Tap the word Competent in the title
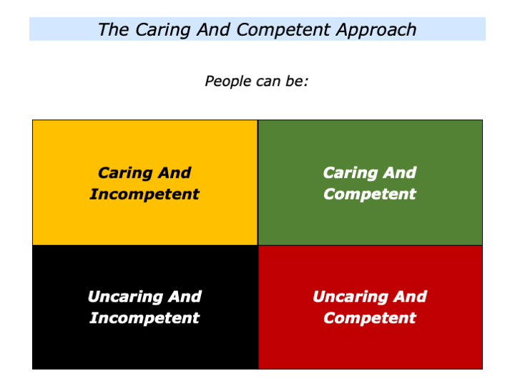pos(278,30)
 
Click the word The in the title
pos(112,30)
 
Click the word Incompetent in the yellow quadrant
pos(144,194)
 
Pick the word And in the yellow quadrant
pos(175,173)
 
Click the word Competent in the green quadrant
pos(370,194)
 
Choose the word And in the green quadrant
pos(401,173)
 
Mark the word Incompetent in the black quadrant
pos(144,318)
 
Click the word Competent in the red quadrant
pos(370,318)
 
